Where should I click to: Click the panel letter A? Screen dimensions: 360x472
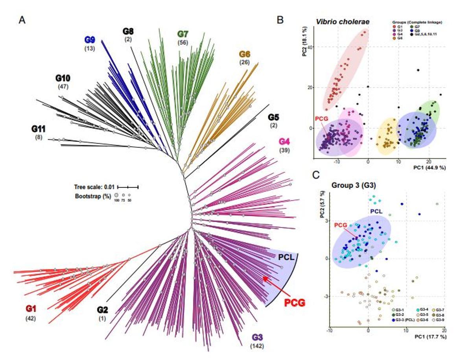(x=22, y=20)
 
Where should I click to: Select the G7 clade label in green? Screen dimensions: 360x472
(x=184, y=34)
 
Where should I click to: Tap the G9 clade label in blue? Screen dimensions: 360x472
(x=90, y=40)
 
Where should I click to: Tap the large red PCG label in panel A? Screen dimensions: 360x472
(x=295, y=302)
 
